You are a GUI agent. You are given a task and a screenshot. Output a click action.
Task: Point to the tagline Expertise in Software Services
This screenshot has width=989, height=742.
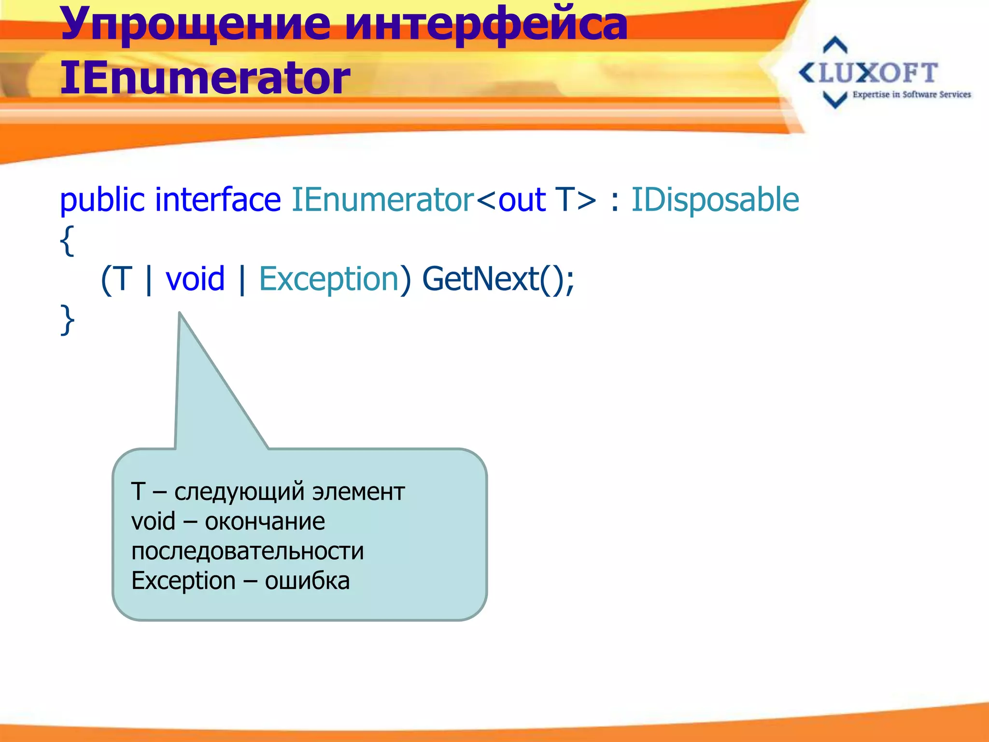(911, 95)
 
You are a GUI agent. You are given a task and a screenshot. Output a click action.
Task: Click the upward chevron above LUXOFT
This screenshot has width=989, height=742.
(835, 45)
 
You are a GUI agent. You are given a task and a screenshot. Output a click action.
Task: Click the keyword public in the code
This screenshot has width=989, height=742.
(102, 200)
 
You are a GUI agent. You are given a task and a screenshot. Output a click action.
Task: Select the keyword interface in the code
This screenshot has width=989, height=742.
(218, 200)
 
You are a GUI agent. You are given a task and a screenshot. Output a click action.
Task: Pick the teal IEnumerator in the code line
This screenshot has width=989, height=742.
(383, 200)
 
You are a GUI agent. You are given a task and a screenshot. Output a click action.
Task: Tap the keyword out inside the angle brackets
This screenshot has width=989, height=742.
(522, 200)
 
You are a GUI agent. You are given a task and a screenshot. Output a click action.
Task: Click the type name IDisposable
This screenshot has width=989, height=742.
(715, 200)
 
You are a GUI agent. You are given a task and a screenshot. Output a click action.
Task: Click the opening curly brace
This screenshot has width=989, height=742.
(67, 241)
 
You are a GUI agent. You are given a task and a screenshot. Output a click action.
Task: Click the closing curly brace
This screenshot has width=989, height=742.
(67, 320)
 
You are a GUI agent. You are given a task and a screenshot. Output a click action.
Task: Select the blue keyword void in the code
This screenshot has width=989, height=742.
(195, 279)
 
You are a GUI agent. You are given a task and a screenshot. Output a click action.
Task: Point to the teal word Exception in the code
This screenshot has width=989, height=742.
(329, 279)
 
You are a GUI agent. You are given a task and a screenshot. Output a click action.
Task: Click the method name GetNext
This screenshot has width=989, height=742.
(480, 279)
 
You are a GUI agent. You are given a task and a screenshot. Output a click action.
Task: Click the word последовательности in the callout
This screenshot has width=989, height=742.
(247, 551)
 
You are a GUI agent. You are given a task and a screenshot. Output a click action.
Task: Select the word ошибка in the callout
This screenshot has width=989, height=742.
(307, 581)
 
